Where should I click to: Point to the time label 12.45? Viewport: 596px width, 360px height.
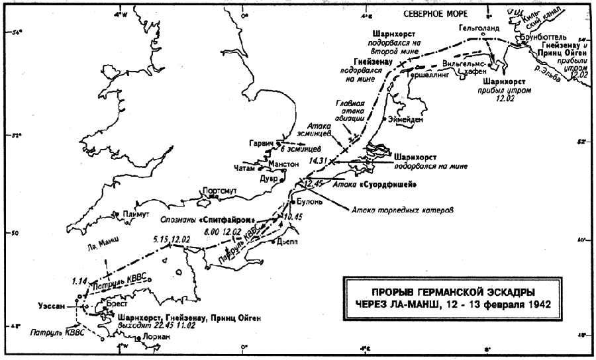[x=313, y=183]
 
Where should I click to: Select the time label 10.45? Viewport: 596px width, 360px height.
[x=292, y=216]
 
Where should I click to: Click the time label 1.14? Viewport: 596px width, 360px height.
[x=79, y=281]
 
